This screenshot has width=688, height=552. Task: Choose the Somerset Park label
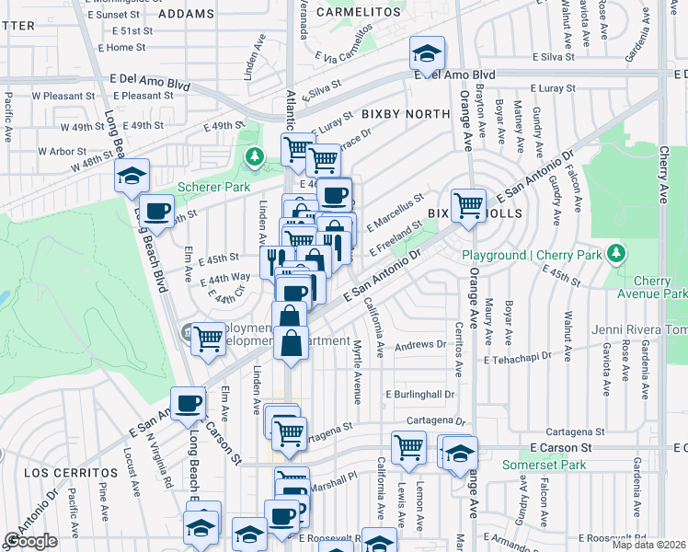tap(544, 466)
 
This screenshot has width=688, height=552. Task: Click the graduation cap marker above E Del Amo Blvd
tap(427, 53)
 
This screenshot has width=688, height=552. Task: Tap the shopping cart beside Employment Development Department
tap(210, 338)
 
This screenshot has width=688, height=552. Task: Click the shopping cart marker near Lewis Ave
tap(408, 448)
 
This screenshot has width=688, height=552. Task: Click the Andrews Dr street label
tap(419, 344)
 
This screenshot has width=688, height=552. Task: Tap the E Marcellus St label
tap(395, 208)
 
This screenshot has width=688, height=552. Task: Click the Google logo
tap(30, 541)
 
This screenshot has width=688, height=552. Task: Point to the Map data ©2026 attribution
tap(648, 545)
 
